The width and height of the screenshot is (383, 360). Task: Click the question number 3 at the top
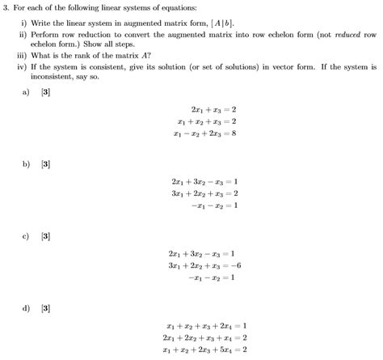pyautogui.click(x=6, y=6)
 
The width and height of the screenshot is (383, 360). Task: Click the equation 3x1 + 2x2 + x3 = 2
pyautogui.click(x=204, y=194)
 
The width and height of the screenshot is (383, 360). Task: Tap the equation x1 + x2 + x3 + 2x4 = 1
pyautogui.click(x=204, y=326)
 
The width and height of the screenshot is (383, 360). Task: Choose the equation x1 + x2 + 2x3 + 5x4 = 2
pyautogui.click(x=204, y=350)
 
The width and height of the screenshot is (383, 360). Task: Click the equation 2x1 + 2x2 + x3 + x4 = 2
pyautogui.click(x=204, y=338)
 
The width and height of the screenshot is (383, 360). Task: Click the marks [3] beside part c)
pyautogui.click(x=46, y=235)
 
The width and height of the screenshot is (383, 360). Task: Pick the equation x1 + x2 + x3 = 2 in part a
pyautogui.click(x=206, y=121)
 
